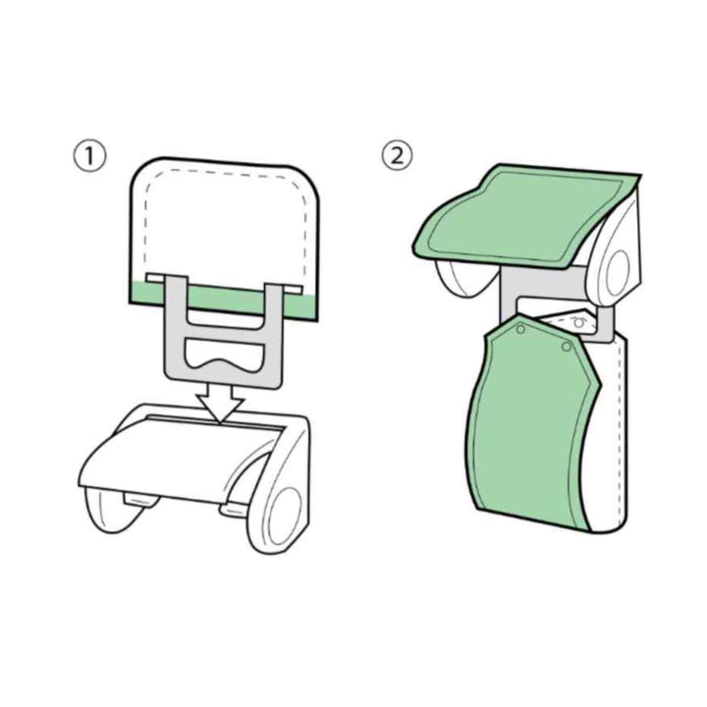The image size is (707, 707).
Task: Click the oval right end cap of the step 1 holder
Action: click(284, 512)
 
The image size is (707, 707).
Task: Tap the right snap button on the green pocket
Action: click(567, 347)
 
